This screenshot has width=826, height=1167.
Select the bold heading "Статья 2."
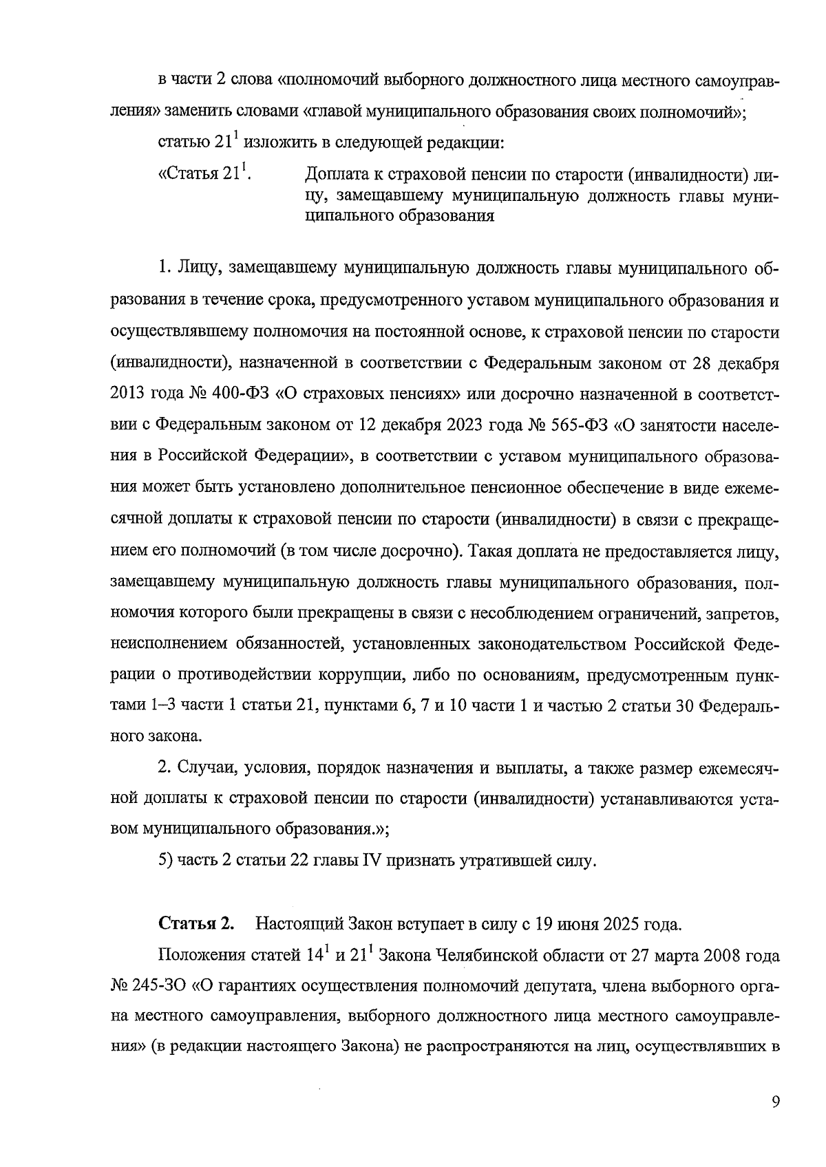click(197, 923)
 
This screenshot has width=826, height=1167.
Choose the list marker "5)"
click(166, 861)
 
